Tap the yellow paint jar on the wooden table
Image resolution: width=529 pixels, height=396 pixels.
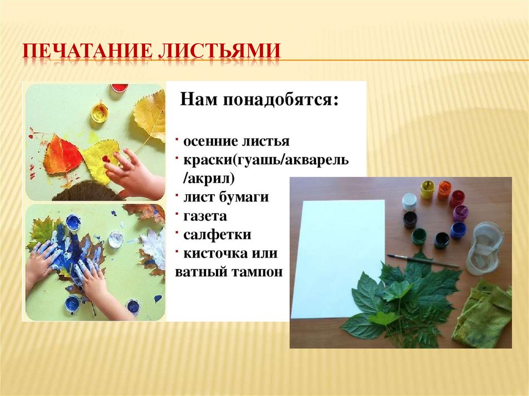[427, 189]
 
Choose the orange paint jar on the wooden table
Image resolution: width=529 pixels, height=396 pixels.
[444, 189]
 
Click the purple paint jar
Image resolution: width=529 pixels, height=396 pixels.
[460, 212]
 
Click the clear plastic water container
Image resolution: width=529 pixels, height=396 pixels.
[484, 247]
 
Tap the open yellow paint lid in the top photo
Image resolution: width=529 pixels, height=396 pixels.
[100, 112]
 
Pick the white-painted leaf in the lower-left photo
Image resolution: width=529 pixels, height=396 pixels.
[153, 247]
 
